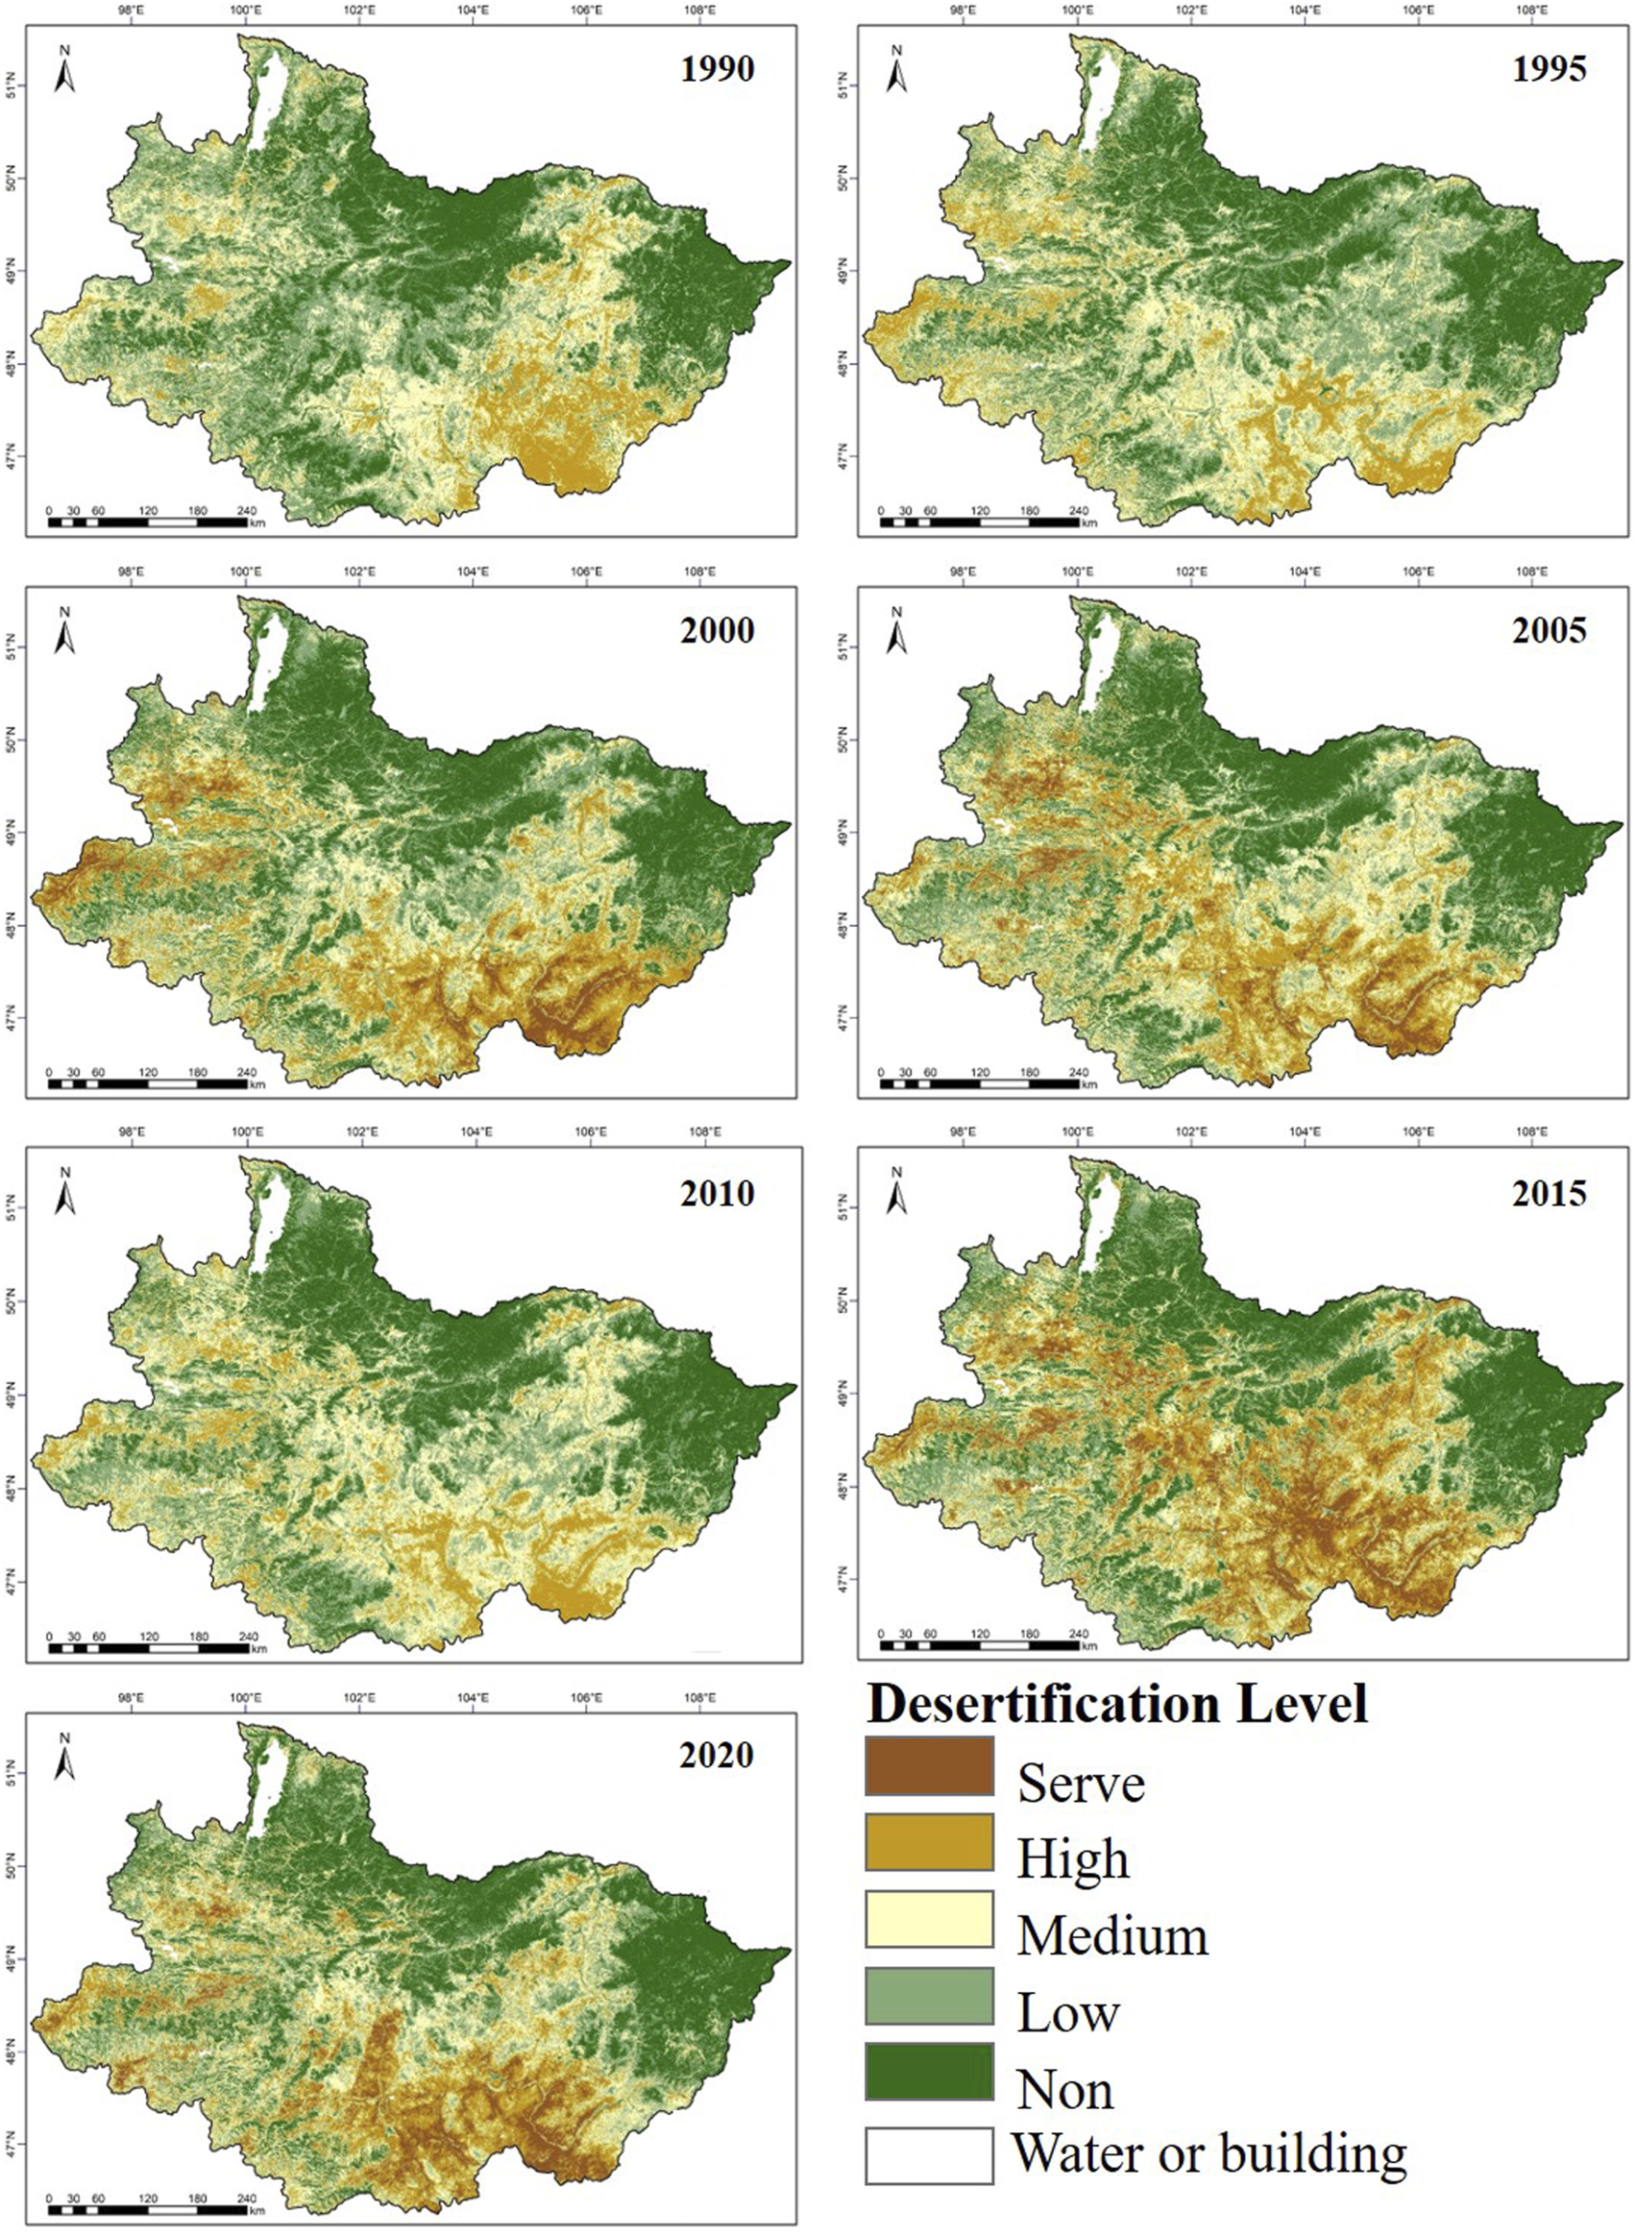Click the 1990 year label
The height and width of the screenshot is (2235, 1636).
point(716,69)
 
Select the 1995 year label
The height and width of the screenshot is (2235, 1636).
point(1549,69)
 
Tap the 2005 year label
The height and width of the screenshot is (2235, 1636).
point(1549,631)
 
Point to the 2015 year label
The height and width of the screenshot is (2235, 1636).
point(1549,1193)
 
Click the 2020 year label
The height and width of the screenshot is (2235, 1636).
point(716,1755)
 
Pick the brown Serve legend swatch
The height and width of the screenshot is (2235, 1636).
point(929,1765)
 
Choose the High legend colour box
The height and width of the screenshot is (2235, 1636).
point(929,1842)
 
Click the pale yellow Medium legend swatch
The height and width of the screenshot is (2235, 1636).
point(929,1919)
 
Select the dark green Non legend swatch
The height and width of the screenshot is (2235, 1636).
point(929,2072)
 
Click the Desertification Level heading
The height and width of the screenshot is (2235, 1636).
point(1117,1704)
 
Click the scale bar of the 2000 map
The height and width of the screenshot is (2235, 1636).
point(149,1083)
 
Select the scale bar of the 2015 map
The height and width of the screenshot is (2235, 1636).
point(981,1645)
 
